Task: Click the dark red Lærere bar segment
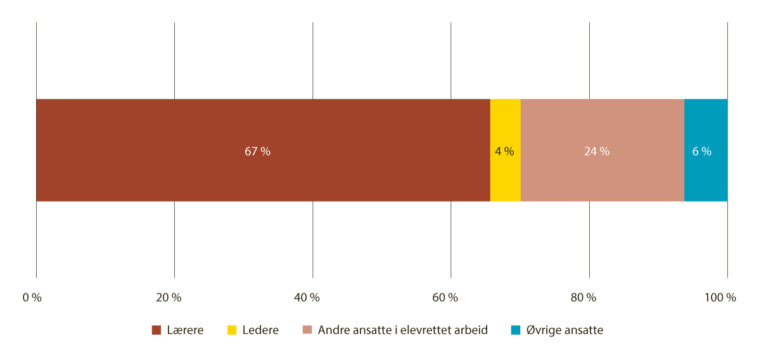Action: tap(263, 150)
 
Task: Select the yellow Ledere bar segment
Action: tap(506, 150)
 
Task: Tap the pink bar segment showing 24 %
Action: tap(603, 150)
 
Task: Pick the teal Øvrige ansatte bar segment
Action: tap(706, 150)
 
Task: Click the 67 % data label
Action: tap(257, 151)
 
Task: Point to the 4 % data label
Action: tap(504, 151)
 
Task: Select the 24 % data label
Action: tap(597, 151)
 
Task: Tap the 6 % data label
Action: tap(702, 151)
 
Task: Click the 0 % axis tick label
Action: tap(32, 298)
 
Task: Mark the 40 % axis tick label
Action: tap(307, 298)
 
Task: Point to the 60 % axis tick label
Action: tap(445, 298)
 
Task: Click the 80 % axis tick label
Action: tap(584, 298)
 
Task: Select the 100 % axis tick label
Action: tap(720, 298)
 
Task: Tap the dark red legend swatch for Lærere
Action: tap(156, 330)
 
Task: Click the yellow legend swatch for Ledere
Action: tap(232, 330)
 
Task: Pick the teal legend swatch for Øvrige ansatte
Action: tap(516, 330)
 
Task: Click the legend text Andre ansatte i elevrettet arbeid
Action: tap(403, 330)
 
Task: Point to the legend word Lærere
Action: tap(185, 330)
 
